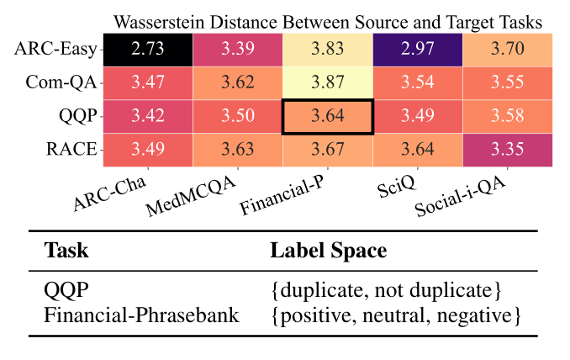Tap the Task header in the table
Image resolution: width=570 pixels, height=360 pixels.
pos(65,251)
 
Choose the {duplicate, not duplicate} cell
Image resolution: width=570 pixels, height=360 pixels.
pos(387,291)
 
